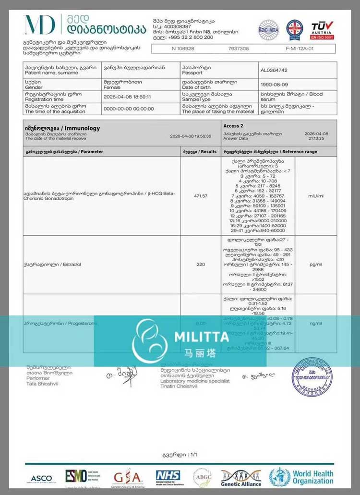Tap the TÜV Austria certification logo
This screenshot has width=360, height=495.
click(x=322, y=30)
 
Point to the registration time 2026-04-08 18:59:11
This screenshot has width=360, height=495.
click(x=127, y=97)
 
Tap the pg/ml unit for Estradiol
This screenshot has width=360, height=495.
click(x=316, y=265)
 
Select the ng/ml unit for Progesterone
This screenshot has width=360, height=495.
click(x=316, y=324)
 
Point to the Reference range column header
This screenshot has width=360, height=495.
click(x=270, y=152)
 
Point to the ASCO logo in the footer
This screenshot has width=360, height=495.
click(x=42, y=479)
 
